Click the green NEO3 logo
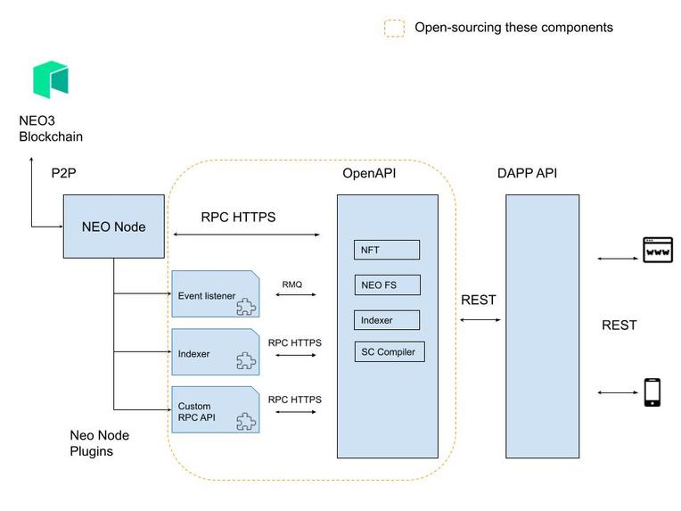click(51, 79)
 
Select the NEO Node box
click(113, 227)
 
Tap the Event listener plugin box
click(215, 295)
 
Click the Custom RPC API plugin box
click(215, 410)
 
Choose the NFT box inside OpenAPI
click(387, 250)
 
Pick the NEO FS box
click(387, 285)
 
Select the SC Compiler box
click(389, 351)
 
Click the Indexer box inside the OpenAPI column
click(387, 319)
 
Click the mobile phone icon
click(652, 392)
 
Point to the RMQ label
click(292, 284)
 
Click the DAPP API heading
click(528, 173)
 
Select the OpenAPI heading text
click(369, 173)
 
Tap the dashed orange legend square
click(394, 29)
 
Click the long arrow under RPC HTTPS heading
click(246, 235)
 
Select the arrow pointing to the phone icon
click(616, 393)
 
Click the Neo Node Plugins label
click(100, 443)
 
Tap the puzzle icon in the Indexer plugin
click(245, 361)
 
